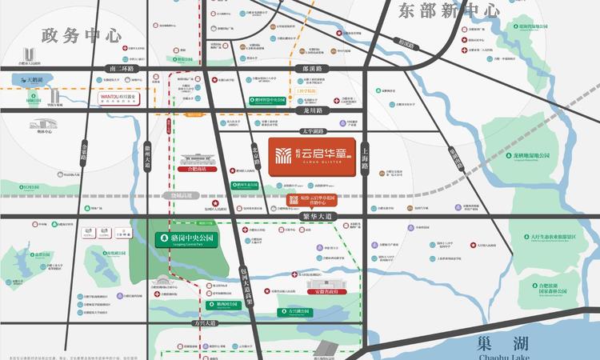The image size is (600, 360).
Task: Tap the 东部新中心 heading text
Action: point(448,10)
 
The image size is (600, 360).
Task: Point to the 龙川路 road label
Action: point(307,110)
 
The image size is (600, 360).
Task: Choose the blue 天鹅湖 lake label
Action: point(34,81)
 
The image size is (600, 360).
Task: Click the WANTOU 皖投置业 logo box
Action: point(118,98)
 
